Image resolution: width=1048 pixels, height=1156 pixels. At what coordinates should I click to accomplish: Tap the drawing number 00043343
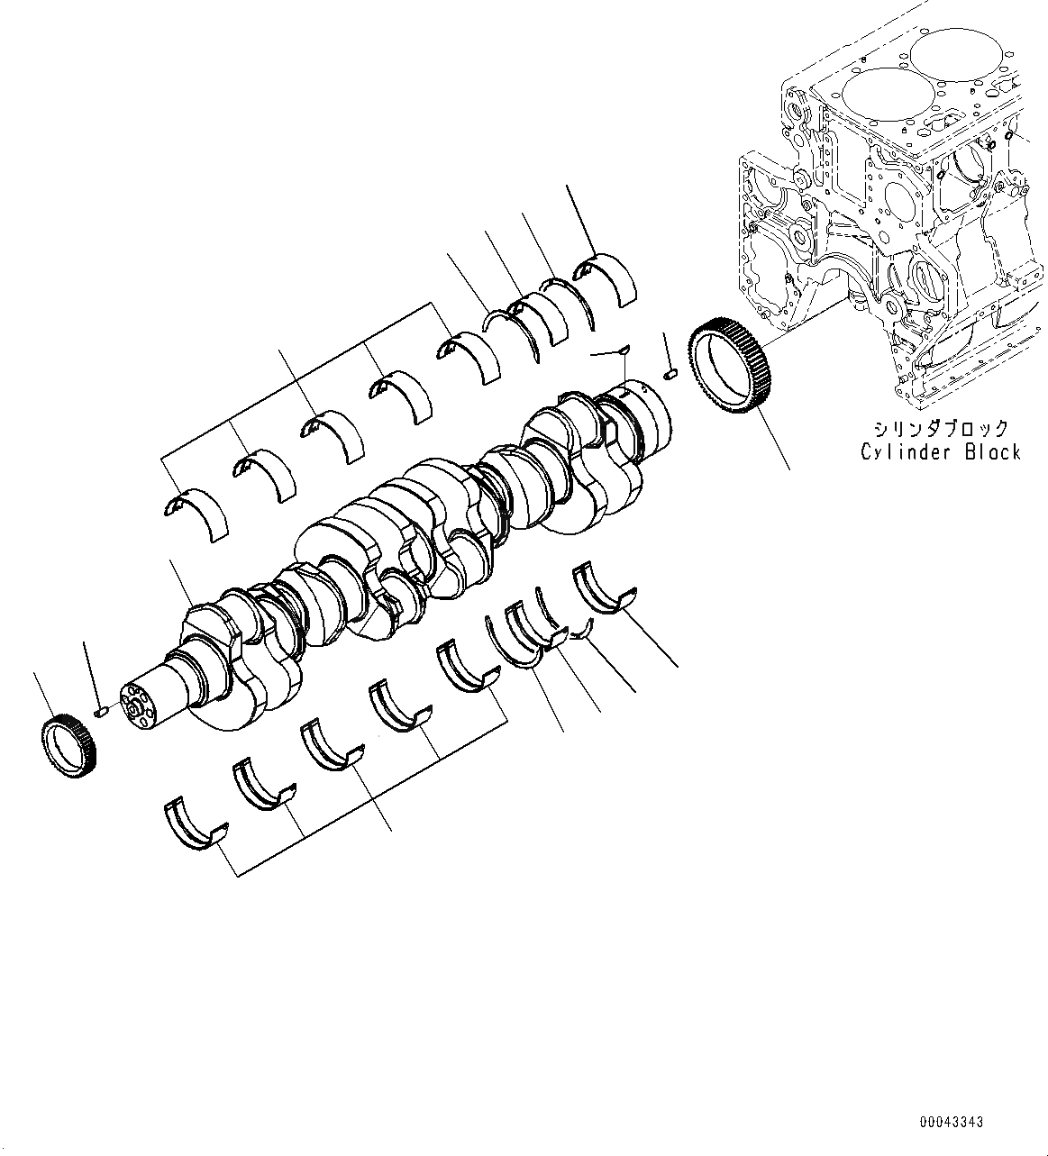click(952, 1122)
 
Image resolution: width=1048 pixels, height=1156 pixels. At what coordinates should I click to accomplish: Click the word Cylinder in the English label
click(907, 451)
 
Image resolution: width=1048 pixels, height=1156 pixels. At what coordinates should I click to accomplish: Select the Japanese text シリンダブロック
click(940, 429)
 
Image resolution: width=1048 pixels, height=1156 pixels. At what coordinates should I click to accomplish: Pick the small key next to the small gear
click(101, 712)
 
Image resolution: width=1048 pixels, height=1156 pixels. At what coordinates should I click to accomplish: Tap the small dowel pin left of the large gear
click(670, 373)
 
